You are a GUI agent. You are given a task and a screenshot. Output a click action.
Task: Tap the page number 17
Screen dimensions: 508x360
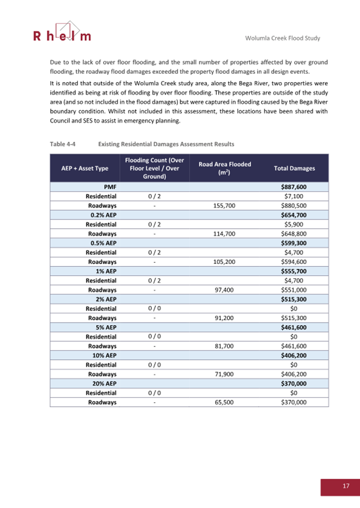tap(346, 486)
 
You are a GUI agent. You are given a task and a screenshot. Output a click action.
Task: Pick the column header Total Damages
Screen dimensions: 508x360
tap(294, 168)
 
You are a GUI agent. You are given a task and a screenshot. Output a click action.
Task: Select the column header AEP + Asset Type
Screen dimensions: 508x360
tap(85, 168)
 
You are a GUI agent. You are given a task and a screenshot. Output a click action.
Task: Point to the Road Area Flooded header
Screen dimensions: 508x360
tap(225, 168)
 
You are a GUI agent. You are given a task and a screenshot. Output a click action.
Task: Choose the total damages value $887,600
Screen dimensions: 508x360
tap(293, 187)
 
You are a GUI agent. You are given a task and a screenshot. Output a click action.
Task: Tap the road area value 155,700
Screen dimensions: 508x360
tap(225, 205)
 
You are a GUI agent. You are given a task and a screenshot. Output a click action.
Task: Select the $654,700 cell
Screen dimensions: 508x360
tap(293, 215)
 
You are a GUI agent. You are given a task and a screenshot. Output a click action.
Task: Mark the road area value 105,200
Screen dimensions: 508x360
tap(225, 261)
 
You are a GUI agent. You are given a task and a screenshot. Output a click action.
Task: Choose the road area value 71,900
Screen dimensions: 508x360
tap(225, 374)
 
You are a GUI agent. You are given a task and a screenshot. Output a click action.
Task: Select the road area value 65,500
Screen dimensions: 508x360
tap(225, 402)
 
